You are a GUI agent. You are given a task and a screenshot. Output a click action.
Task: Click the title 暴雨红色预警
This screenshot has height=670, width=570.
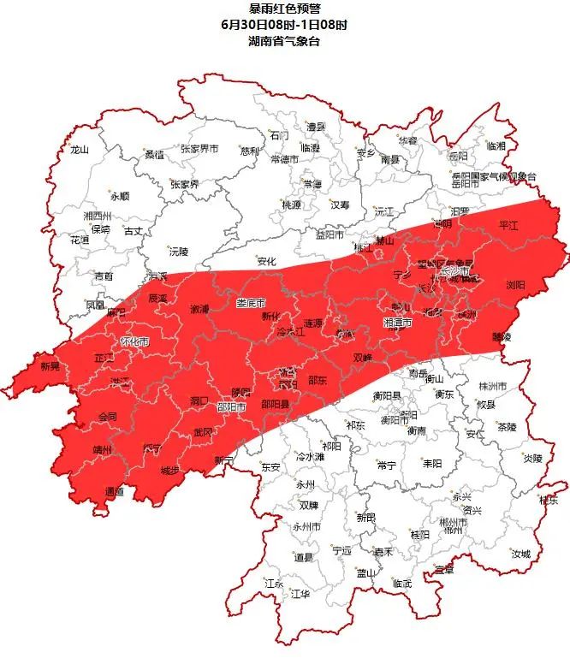click(x=284, y=9)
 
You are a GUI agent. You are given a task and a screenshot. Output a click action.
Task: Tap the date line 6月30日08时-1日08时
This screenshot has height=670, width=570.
click(x=284, y=25)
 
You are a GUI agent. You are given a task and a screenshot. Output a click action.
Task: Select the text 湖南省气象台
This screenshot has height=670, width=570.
click(x=284, y=41)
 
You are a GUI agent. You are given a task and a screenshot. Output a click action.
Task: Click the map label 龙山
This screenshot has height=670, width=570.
click(x=80, y=149)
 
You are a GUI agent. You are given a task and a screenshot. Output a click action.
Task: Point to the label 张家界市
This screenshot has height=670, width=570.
click(x=199, y=149)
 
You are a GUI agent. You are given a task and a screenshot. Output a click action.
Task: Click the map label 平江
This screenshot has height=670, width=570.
click(x=509, y=223)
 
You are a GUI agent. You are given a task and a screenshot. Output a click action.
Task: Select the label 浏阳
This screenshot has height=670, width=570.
click(x=515, y=284)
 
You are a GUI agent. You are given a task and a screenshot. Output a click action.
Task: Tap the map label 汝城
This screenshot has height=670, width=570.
click(x=521, y=554)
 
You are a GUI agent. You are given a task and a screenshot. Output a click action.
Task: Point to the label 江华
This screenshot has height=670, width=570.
click(x=300, y=593)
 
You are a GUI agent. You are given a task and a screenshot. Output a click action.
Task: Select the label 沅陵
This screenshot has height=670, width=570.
click(x=178, y=252)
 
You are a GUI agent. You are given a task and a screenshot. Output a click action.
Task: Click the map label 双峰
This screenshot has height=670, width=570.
click(x=363, y=357)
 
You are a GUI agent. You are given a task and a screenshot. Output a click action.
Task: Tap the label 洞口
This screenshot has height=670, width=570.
click(x=199, y=400)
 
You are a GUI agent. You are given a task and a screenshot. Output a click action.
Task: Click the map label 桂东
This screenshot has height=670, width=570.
click(x=549, y=501)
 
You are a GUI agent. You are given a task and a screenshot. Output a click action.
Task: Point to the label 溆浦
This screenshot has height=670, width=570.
click(x=199, y=308)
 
